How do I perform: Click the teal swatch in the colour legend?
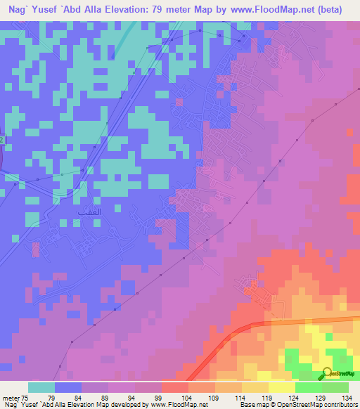tap(41, 387)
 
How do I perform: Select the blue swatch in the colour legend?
tap(68, 387)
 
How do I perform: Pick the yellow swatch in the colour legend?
tap(282, 387)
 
